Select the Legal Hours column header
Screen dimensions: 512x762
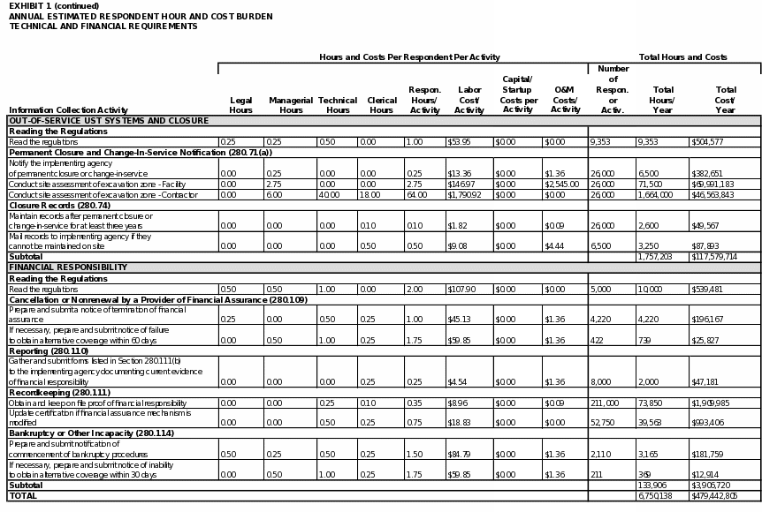click(240, 105)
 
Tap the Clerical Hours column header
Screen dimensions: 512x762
click(382, 105)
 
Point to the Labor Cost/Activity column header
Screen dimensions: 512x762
click(469, 100)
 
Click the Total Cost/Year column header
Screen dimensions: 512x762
click(726, 100)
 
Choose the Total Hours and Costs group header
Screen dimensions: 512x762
click(682, 56)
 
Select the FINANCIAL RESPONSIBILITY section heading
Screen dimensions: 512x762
click(68, 267)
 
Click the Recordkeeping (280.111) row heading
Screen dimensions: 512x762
click(59, 392)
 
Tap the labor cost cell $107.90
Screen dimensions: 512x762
click(464, 289)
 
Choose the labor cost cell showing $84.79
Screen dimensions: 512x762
click(460, 455)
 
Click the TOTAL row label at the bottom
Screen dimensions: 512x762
click(24, 496)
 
